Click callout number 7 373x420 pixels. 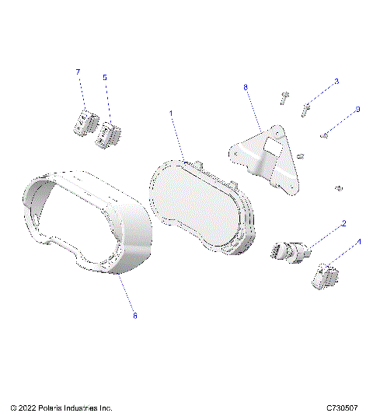coord(78,72)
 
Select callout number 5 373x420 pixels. coord(105,78)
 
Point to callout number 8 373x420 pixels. coord(246,89)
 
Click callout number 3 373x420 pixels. coord(336,82)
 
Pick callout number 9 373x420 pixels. coord(357,110)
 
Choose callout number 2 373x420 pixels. coord(343,223)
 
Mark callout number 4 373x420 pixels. coord(358,243)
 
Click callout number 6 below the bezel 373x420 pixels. coord(134,316)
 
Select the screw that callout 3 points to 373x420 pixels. coord(307,107)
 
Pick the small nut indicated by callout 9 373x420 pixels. coord(324,136)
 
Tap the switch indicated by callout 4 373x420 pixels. coord(326,276)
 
